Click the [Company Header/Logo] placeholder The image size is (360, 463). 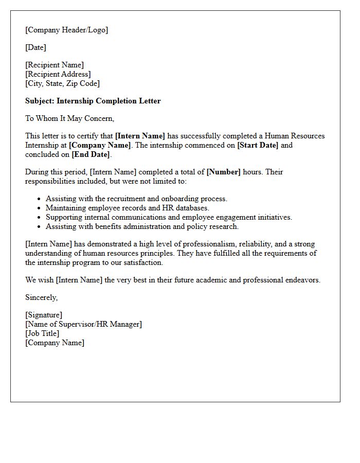click(x=66, y=30)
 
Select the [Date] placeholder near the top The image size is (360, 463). click(x=35, y=47)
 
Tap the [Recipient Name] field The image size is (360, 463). click(x=55, y=65)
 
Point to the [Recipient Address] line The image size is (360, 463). click(x=58, y=74)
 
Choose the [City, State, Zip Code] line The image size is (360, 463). click(x=62, y=83)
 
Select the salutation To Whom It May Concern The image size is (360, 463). click(x=69, y=118)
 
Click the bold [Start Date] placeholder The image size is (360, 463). click(x=257, y=145)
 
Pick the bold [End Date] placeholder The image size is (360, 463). click(x=91, y=154)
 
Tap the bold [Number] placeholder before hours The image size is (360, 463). click(x=223, y=172)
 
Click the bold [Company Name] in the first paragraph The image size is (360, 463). click(x=100, y=145)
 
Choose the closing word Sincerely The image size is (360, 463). click(x=42, y=297)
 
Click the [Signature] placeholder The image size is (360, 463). click(x=44, y=315)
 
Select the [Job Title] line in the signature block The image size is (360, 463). click(x=42, y=333)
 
